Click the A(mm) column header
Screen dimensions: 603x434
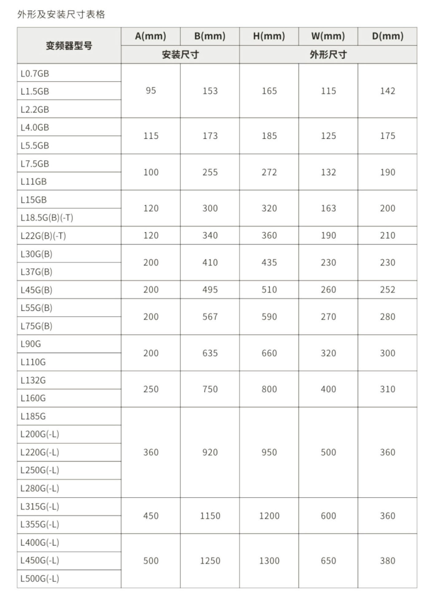point(151,36)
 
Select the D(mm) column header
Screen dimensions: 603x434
point(387,36)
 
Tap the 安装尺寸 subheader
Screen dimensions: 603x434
point(180,55)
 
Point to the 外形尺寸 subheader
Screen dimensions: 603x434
point(328,55)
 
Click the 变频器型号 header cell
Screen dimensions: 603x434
point(69,46)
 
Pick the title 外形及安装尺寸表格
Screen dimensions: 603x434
point(61,14)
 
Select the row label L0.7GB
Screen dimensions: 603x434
point(35,73)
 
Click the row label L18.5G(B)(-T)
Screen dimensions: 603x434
point(47,218)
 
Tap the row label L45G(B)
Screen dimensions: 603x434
point(36,290)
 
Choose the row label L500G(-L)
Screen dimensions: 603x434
point(40,579)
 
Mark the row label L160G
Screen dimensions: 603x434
point(33,398)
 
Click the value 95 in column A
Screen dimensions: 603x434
point(151,91)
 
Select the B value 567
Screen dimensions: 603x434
point(210,317)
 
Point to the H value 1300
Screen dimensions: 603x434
point(269,561)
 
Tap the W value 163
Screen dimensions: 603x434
point(328,208)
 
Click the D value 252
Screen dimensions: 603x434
point(387,290)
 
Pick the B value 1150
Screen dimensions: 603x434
point(210,516)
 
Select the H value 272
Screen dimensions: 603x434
point(269,172)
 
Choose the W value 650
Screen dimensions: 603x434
point(328,561)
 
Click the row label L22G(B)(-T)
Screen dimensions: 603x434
point(43,236)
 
